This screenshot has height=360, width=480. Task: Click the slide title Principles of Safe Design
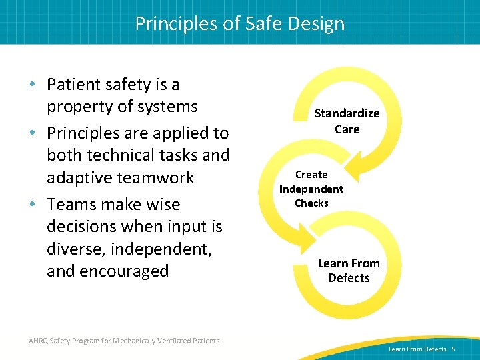pos(240,23)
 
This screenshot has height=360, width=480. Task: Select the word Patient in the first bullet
pos(73,85)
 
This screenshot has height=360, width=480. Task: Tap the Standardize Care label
pos(347,121)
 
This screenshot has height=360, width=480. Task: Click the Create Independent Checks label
pos(311,189)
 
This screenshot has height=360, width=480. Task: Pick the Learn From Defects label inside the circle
pos(348,270)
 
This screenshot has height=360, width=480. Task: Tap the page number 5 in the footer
pos(453,349)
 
